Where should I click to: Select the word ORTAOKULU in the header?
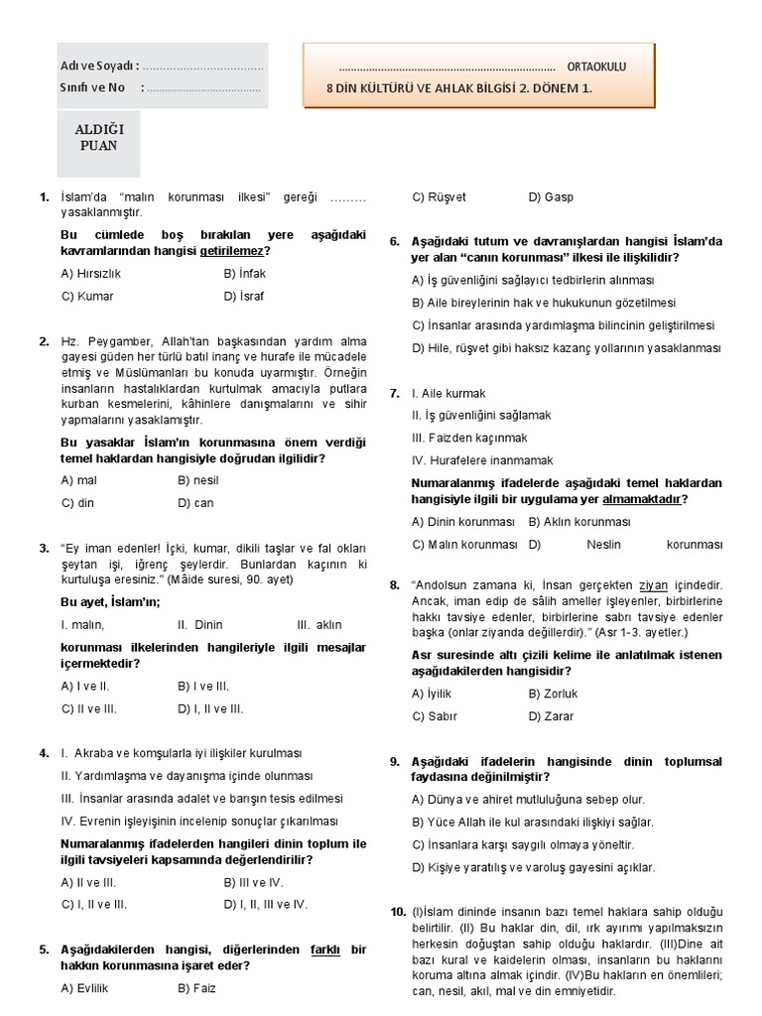click(596, 66)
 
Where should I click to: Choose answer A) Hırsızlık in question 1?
click(90, 273)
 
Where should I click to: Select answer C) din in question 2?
click(77, 503)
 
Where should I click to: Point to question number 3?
click(45, 548)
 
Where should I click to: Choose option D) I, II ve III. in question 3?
click(210, 709)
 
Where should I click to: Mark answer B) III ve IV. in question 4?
click(253, 881)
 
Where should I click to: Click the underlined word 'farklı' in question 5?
click(325, 950)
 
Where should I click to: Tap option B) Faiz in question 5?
click(196, 987)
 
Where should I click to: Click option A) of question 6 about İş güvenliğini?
click(533, 280)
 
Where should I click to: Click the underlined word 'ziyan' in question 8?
click(653, 585)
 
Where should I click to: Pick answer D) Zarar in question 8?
click(551, 716)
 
